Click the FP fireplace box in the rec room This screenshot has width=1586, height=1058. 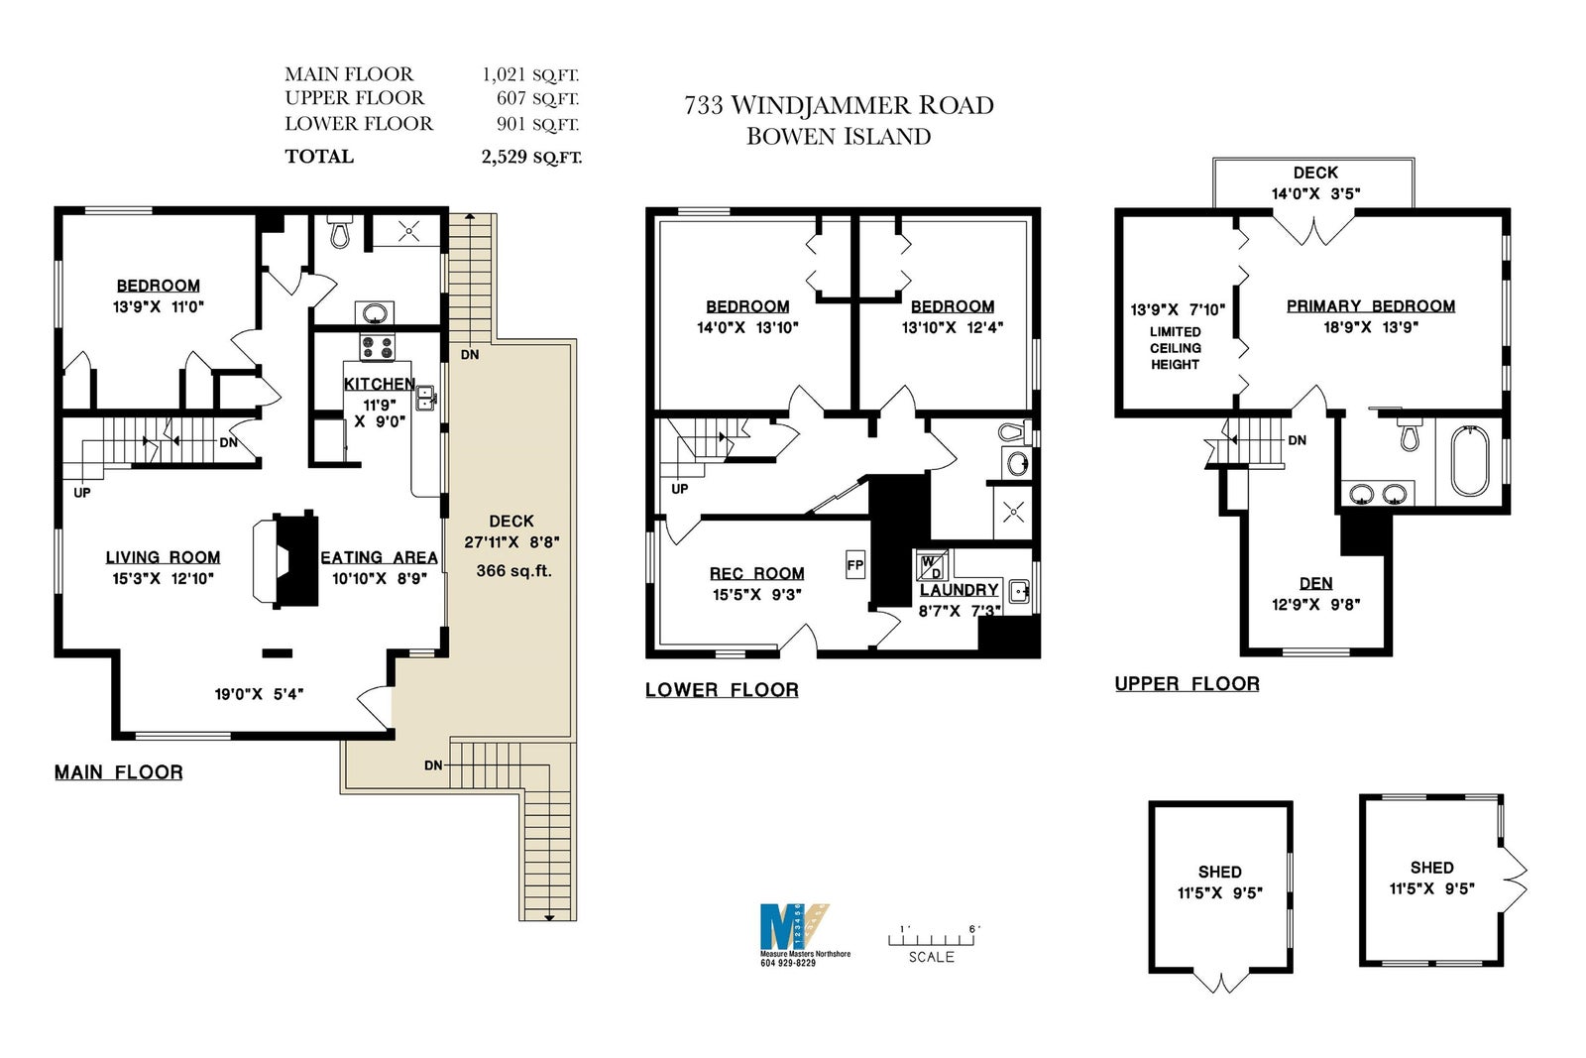click(855, 565)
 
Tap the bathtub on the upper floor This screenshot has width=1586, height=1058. click(1470, 460)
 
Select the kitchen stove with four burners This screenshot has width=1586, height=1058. click(378, 347)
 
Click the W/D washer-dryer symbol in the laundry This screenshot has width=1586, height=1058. click(932, 566)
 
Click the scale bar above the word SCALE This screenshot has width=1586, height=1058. click(931, 940)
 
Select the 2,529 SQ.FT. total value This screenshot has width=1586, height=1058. click(531, 157)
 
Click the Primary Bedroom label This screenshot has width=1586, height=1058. click(1371, 306)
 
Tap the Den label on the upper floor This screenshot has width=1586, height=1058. click(1316, 583)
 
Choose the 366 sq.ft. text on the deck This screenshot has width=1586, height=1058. click(513, 571)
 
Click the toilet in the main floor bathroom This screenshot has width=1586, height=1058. click(340, 231)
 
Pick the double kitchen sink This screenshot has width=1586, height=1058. click(425, 398)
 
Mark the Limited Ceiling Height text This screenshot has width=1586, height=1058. click(1176, 348)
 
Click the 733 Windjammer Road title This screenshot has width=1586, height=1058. click(839, 105)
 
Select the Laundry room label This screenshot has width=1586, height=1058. click(959, 590)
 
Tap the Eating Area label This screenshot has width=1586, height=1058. click(379, 557)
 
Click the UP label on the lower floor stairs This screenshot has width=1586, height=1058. click(680, 489)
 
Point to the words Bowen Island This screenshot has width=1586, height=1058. click(839, 137)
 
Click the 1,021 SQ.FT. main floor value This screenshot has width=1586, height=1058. click(530, 74)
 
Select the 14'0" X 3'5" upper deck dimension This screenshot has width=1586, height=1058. click(1315, 193)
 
